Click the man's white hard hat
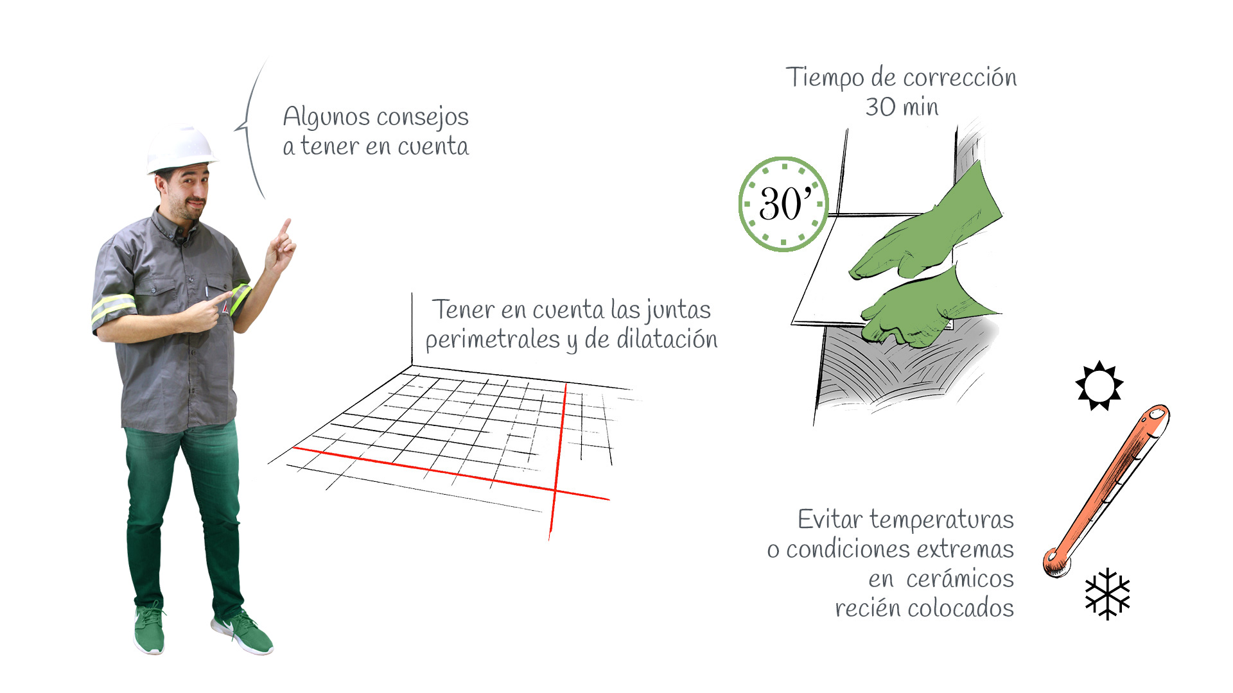point(182,149)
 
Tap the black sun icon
point(1099,385)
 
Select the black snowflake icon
point(1107,594)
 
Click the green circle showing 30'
point(783,204)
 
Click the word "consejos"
point(423,117)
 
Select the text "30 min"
point(902,107)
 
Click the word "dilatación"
point(667,339)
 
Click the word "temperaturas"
point(941,519)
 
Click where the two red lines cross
point(555,490)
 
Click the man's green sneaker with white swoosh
point(242,631)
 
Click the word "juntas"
point(678,311)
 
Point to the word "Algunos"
point(326,117)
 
